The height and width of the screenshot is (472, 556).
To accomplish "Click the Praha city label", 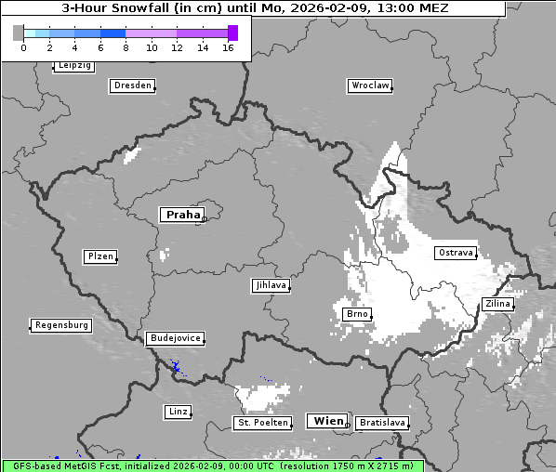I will tap(182, 215).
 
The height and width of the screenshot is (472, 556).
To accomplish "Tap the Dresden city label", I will tap(132, 85).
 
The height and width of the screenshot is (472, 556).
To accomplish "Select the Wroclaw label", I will tap(370, 85).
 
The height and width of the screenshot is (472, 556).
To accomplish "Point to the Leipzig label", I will tap(74, 65).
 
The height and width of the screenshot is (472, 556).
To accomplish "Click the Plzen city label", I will tap(100, 256).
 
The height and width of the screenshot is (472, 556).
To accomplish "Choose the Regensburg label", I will tap(61, 325).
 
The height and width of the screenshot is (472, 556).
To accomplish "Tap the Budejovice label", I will tap(175, 338).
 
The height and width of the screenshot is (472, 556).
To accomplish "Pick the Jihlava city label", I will tap(271, 285).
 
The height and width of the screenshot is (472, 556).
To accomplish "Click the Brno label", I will tap(357, 314).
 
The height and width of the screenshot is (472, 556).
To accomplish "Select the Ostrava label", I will tap(456, 253).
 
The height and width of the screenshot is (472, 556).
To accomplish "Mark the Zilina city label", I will tap(497, 304).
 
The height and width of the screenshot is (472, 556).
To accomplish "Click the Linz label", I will tap(178, 411).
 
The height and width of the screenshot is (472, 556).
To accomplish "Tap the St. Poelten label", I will tap(262, 423).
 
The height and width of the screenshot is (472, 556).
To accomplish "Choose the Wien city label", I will tap(328, 421).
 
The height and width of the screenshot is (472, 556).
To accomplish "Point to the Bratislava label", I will tap(382, 423).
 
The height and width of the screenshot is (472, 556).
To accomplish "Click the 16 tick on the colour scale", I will tap(228, 47).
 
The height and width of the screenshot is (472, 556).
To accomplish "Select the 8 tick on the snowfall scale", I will tap(126, 47).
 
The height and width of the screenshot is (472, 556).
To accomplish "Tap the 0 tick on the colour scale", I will tap(23, 47).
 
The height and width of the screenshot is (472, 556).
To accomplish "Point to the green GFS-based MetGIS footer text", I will tap(212, 465).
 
